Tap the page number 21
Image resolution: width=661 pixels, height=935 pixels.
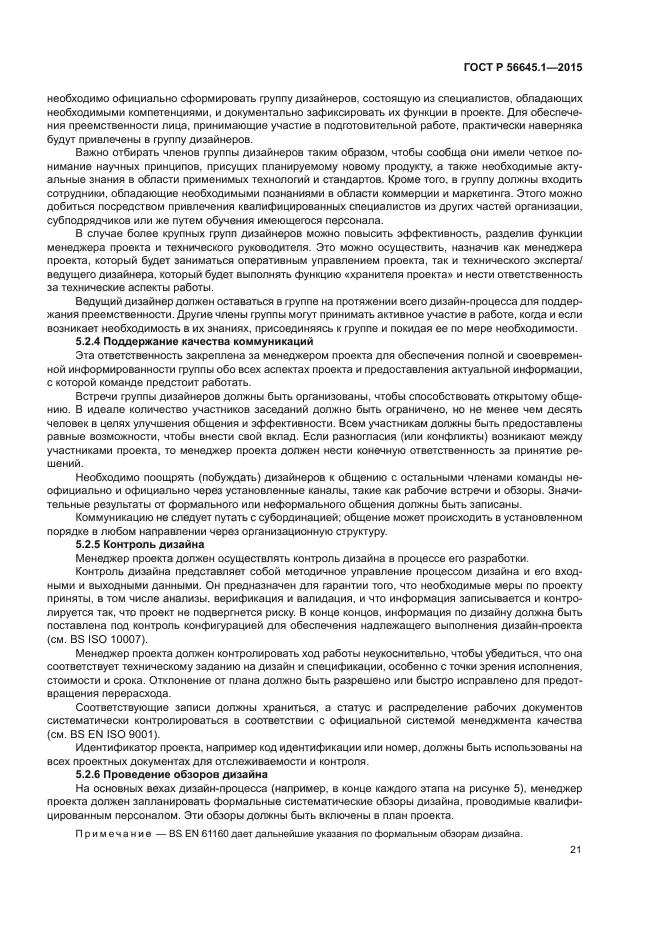coord(576,850)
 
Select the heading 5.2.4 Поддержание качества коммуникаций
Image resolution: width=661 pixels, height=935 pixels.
coord(194,342)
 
